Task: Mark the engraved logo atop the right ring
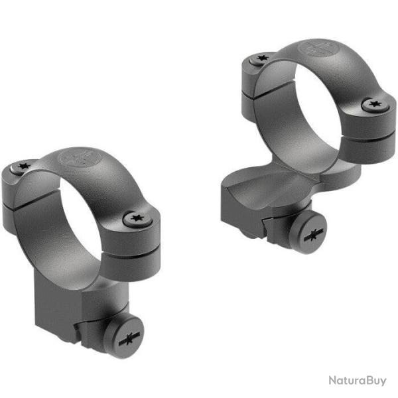point(314,48)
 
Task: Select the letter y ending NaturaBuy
point(381,382)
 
